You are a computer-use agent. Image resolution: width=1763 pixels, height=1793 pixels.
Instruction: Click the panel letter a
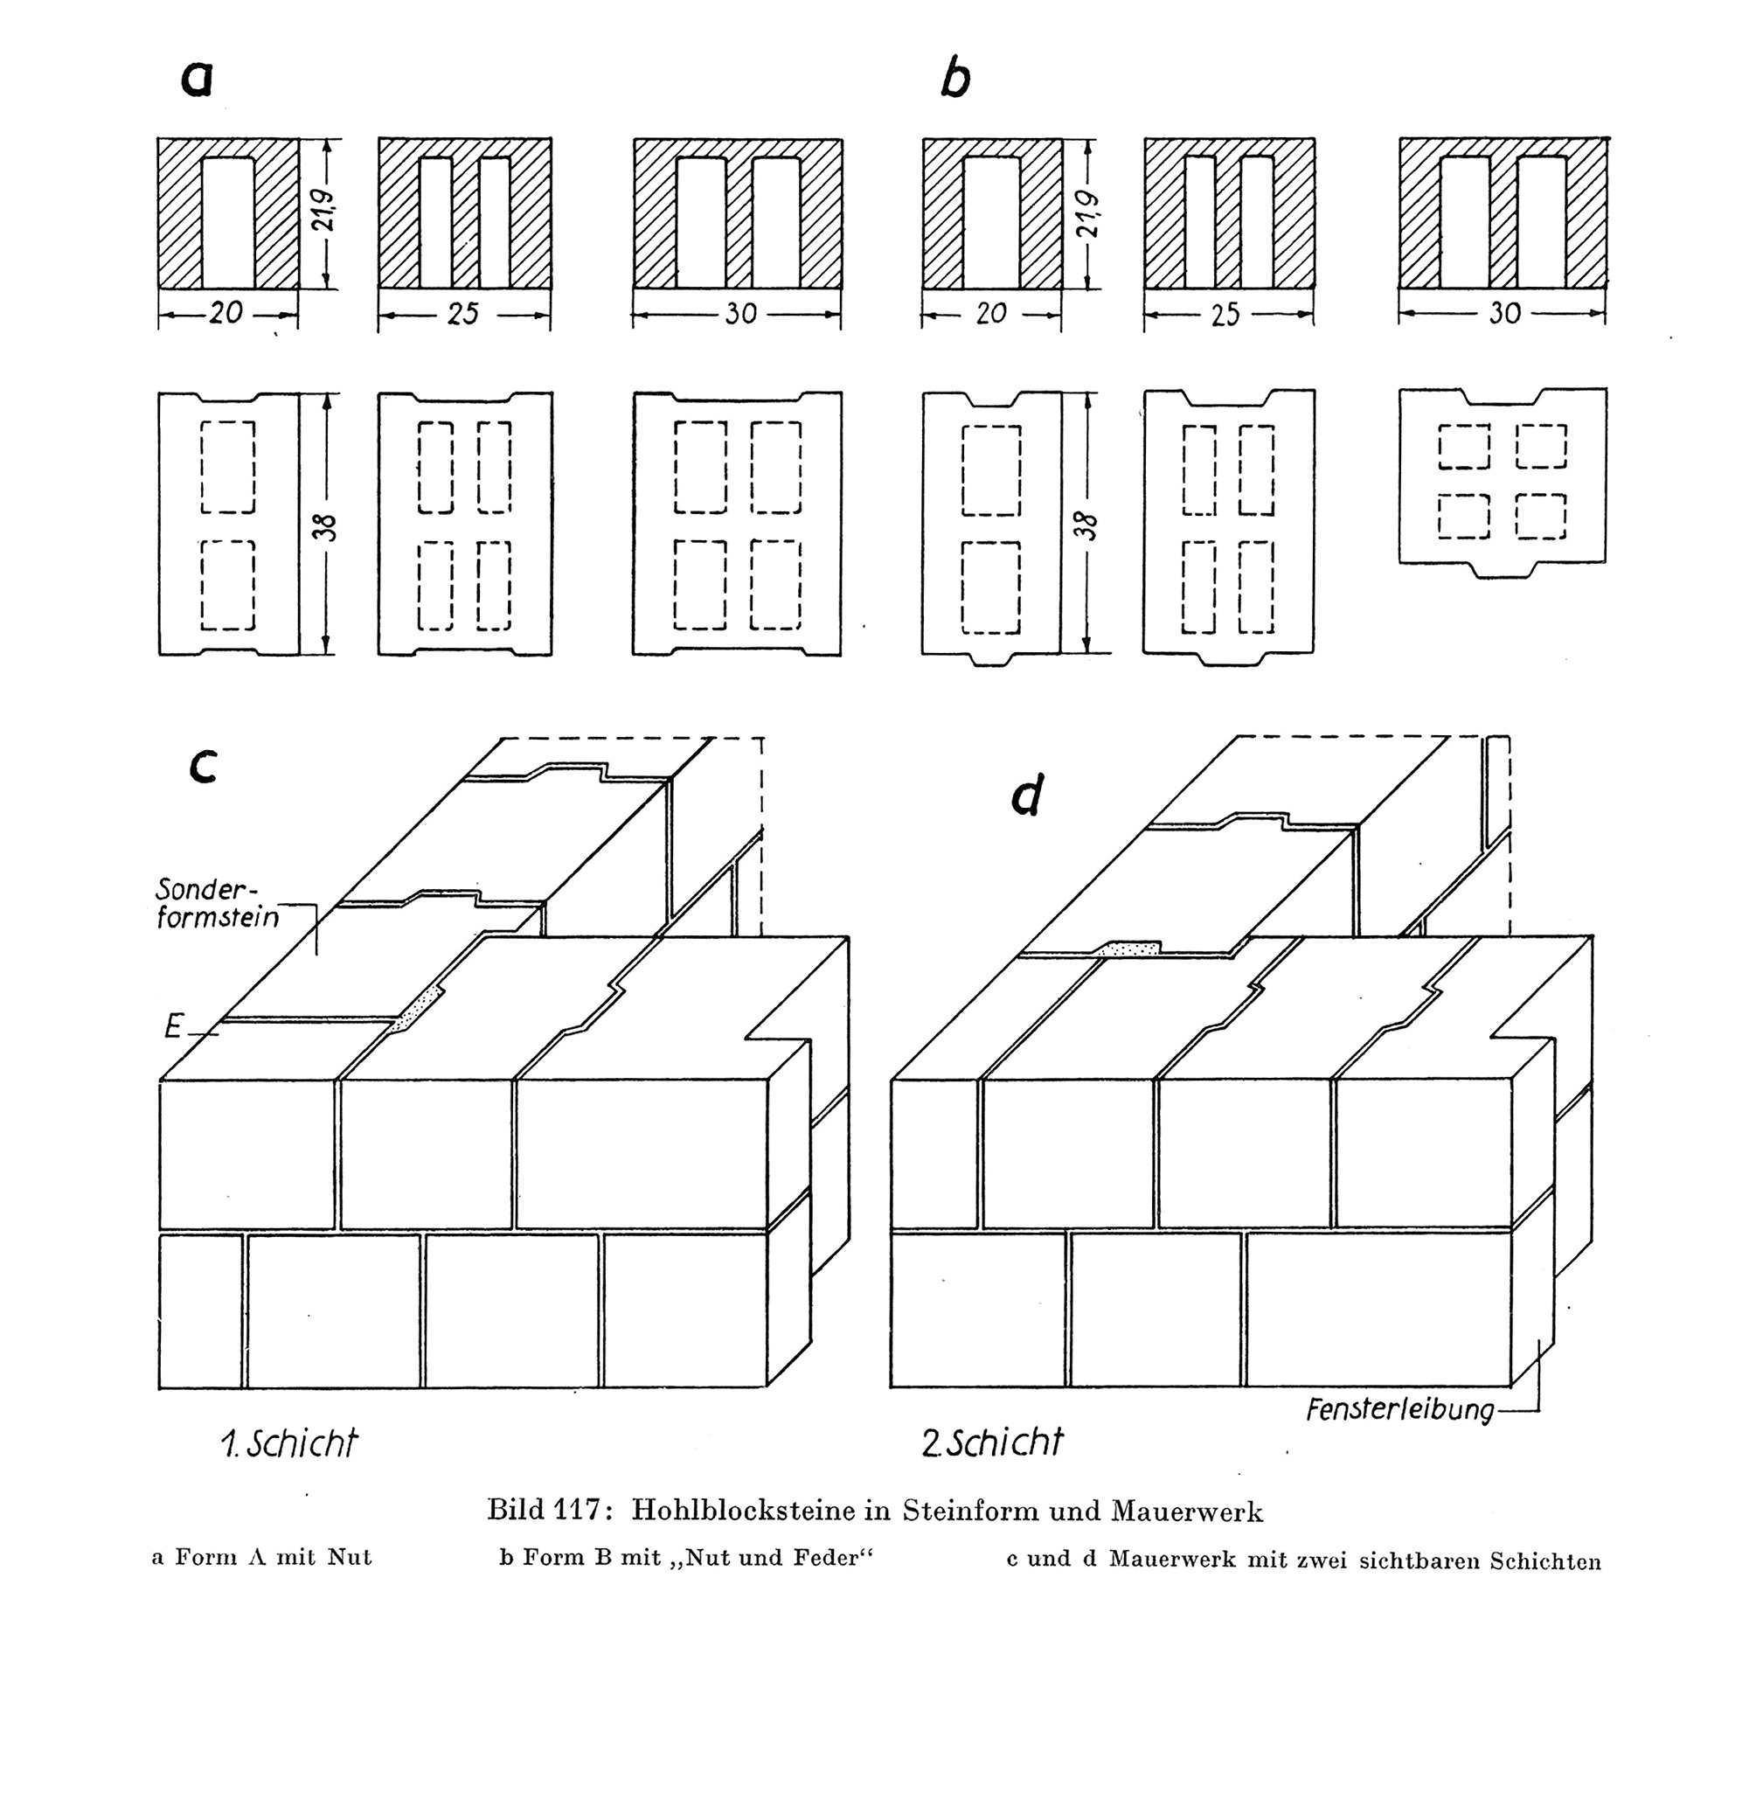coord(197,78)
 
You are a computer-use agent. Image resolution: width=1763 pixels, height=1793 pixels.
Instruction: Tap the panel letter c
coord(203,765)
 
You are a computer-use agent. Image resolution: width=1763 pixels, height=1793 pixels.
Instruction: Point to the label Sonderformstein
coord(217,903)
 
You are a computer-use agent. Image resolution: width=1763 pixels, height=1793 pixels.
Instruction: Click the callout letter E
coord(172,1026)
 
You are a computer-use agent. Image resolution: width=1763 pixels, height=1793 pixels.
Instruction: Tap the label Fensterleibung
coord(1400,1410)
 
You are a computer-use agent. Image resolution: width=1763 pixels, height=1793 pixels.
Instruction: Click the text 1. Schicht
coord(288,1444)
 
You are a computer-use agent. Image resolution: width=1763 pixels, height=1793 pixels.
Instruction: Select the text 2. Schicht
coord(992,1442)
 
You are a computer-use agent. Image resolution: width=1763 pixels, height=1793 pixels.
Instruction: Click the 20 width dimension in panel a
coord(226,313)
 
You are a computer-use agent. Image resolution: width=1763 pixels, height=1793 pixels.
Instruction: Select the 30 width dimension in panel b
coord(1504,313)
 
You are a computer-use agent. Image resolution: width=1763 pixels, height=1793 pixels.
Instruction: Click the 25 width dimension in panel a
coord(463,314)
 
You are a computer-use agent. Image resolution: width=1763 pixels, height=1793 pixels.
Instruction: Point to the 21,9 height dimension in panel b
coord(1089,215)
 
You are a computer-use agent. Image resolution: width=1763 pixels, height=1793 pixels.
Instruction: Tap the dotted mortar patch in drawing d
coord(1127,949)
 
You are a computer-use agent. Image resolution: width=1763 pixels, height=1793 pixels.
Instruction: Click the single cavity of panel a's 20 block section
coord(228,222)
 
